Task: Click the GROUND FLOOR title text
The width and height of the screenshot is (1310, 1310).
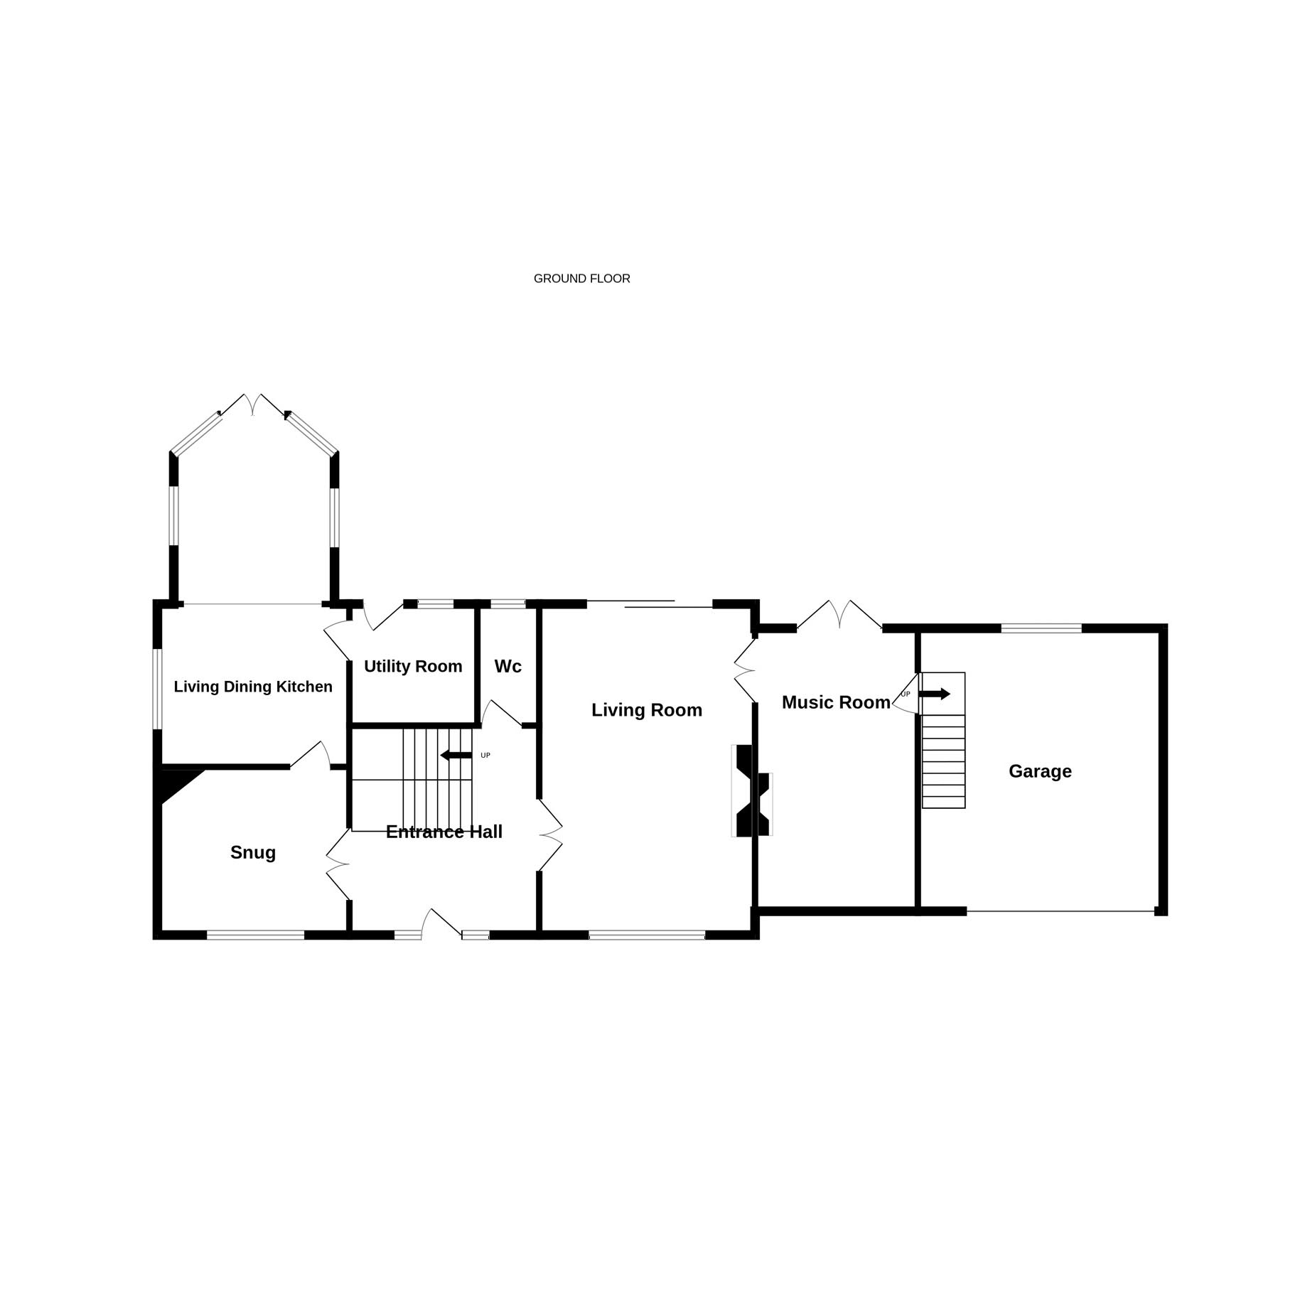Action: pos(581,279)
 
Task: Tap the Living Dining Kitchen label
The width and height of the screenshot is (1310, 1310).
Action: pos(253,687)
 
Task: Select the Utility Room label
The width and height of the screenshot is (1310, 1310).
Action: pos(413,667)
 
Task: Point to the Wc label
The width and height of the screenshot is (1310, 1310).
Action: pos(508,666)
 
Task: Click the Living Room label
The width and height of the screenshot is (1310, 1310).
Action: pos(647,710)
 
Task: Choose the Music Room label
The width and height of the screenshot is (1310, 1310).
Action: pos(836,702)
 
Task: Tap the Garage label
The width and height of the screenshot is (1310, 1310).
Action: pos(1040,771)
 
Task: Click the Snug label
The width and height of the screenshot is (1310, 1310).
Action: pos(253,853)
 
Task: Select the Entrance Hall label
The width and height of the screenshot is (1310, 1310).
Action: pos(444,832)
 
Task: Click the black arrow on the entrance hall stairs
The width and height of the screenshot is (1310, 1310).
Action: pos(456,755)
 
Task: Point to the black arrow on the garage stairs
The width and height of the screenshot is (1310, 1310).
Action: pos(935,694)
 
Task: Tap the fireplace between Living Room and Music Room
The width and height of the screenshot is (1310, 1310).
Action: pos(752,790)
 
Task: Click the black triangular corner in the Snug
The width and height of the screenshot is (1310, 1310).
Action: pos(174,782)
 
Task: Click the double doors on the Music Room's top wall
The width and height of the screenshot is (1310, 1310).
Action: pos(839,616)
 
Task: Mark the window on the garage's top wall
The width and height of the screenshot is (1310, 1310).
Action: pos(1041,628)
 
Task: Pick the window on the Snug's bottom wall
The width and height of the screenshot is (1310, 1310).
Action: pos(255,935)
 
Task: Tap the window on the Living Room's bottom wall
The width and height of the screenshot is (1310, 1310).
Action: pos(647,935)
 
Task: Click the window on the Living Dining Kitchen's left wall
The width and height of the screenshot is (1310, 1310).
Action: pos(158,689)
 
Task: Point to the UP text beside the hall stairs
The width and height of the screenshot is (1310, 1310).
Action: pos(485,756)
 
